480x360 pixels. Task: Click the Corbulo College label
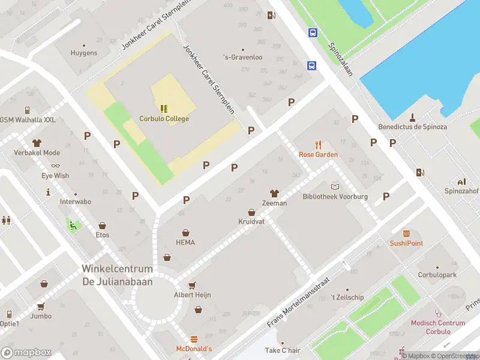coord(164,119)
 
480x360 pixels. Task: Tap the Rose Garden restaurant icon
coord(319,145)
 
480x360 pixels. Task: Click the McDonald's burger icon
coord(194,340)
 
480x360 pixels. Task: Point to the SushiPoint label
coord(406,243)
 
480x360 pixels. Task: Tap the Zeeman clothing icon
coord(274,193)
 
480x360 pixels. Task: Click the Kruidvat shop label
coord(251,221)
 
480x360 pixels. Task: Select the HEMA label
coord(185,242)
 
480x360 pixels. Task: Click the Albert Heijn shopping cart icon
coord(193,286)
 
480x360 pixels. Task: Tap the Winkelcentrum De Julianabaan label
coord(117,275)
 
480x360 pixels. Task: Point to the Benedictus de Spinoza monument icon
coord(413,117)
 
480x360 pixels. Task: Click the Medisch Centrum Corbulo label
coord(438,327)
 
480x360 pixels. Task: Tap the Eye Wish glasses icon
coord(55,166)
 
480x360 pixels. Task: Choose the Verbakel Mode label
coord(37,153)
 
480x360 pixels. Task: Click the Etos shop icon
coord(103,226)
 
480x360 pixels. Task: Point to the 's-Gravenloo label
coord(242,58)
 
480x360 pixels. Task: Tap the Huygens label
coord(83,53)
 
